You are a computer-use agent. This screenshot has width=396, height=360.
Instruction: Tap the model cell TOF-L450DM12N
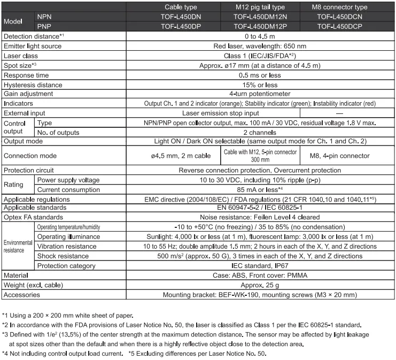pos(260,16)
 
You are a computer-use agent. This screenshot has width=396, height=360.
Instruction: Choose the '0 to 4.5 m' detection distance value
pos(260,36)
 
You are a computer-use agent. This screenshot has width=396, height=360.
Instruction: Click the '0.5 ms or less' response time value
pos(260,74)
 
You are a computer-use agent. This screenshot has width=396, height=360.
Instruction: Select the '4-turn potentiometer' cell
pos(260,94)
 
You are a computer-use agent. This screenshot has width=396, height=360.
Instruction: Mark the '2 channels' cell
pos(260,132)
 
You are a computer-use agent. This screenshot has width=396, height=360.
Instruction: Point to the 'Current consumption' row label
pos(68,189)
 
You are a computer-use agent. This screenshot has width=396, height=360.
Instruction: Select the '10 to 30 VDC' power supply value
pos(260,180)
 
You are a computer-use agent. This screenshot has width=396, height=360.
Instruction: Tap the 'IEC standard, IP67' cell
pos(260,266)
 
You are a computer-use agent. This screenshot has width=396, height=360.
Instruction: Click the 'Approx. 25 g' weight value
pos(260,285)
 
